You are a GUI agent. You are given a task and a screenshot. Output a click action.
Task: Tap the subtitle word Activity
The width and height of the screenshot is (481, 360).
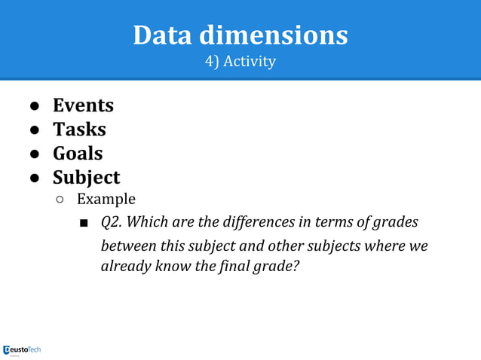tap(251, 61)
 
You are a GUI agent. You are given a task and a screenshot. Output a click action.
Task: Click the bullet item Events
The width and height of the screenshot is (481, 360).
tap(83, 105)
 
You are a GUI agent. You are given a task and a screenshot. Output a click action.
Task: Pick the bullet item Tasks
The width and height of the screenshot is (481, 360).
tap(79, 129)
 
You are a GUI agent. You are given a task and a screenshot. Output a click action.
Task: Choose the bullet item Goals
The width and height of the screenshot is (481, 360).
tap(78, 153)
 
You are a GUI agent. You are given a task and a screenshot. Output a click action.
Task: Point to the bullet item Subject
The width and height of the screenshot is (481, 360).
tap(86, 177)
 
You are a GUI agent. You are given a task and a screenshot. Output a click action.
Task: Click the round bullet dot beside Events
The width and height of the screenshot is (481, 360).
tap(35, 105)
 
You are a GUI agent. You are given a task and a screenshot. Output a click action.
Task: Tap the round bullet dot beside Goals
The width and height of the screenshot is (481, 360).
tap(35, 154)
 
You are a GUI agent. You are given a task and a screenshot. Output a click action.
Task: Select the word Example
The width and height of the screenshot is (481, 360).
tap(106, 200)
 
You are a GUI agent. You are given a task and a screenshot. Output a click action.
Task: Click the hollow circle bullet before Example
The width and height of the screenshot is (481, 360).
tap(60, 200)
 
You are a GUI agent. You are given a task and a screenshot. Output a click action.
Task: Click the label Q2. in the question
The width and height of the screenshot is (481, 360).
tap(112, 224)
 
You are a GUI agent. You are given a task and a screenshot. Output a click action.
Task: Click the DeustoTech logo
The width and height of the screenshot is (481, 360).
tap(23, 349)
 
